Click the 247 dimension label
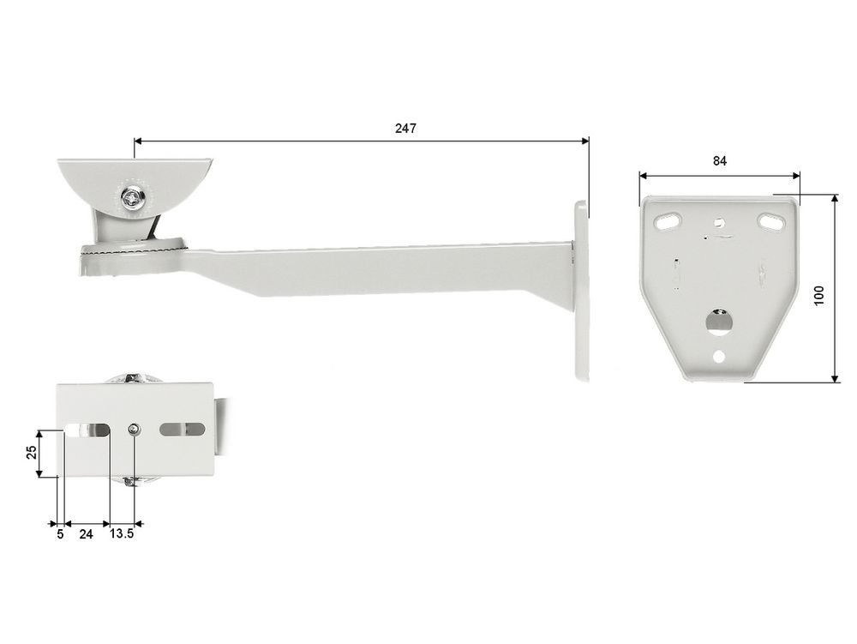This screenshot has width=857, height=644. coord(405,128)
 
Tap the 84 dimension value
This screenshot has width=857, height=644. coord(720,160)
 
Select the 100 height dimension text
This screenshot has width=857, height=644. coord(818,296)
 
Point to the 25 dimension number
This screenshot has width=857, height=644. coord(32,452)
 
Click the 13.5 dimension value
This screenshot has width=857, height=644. coord(122,533)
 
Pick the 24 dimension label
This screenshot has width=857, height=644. coord(86,534)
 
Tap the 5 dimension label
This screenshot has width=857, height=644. coord(60,534)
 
